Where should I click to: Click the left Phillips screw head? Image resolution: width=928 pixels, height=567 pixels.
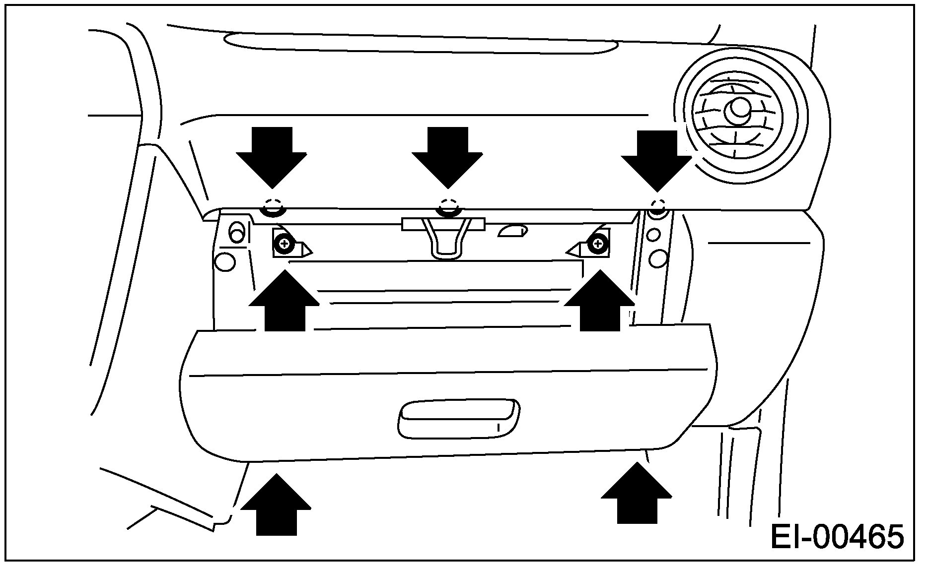(x=285, y=244)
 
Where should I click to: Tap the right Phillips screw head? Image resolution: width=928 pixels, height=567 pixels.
(x=597, y=244)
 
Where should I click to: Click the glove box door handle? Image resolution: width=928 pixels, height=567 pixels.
(x=459, y=419)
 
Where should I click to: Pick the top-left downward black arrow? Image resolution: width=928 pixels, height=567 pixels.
(x=272, y=156)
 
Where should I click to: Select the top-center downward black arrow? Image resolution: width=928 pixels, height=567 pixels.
(x=447, y=156)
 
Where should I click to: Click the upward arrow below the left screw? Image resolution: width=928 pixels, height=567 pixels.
(x=285, y=302)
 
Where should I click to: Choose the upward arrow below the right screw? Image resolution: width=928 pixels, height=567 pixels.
(x=600, y=302)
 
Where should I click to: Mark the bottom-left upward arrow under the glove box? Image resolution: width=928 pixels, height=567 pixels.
(x=276, y=505)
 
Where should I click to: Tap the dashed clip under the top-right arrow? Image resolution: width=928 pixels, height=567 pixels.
(x=658, y=206)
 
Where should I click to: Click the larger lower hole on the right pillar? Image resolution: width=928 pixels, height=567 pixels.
(x=658, y=258)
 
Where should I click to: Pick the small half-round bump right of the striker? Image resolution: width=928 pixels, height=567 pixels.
(x=513, y=231)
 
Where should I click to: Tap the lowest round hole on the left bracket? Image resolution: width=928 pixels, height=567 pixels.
(x=226, y=261)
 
